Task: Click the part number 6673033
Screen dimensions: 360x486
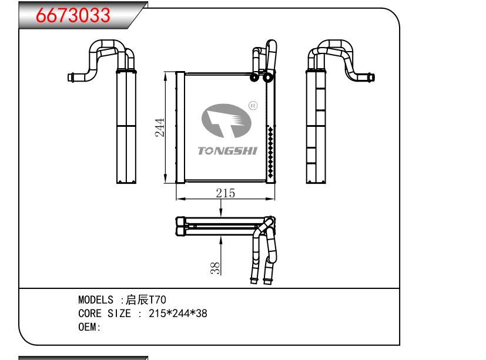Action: click(74, 15)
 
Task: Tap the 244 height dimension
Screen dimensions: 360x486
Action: click(160, 128)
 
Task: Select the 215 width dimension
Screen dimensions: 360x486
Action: click(225, 192)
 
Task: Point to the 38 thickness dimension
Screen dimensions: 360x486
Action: click(216, 268)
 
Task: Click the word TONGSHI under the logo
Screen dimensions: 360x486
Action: click(227, 152)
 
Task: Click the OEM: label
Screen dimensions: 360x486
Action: click(90, 327)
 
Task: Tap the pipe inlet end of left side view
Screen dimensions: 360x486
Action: click(70, 76)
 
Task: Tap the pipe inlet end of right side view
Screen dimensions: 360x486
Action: click(371, 76)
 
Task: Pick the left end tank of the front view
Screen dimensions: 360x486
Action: click(180, 127)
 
